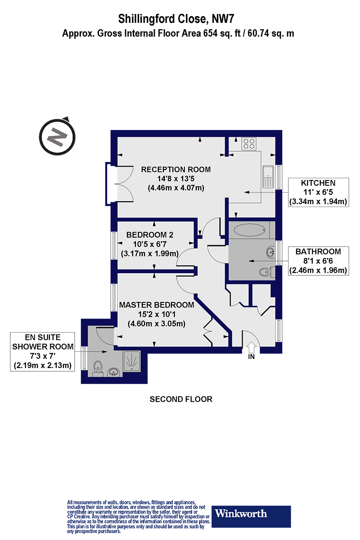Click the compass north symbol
tap(57, 137)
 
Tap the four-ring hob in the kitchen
tap(249, 144)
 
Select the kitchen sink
tap(268, 177)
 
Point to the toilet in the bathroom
tap(267, 272)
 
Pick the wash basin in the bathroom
tap(271, 252)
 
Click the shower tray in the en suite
tap(132, 361)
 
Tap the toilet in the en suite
tap(98, 368)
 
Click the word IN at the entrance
tap(251, 356)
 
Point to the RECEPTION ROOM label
tap(176, 170)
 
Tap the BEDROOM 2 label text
tap(150, 234)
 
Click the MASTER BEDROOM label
tap(157, 305)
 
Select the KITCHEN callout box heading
tap(318, 183)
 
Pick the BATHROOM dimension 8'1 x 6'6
tap(318, 261)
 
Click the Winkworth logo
tap(251, 513)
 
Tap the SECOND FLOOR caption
tap(181, 399)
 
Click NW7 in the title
tap(223, 19)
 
